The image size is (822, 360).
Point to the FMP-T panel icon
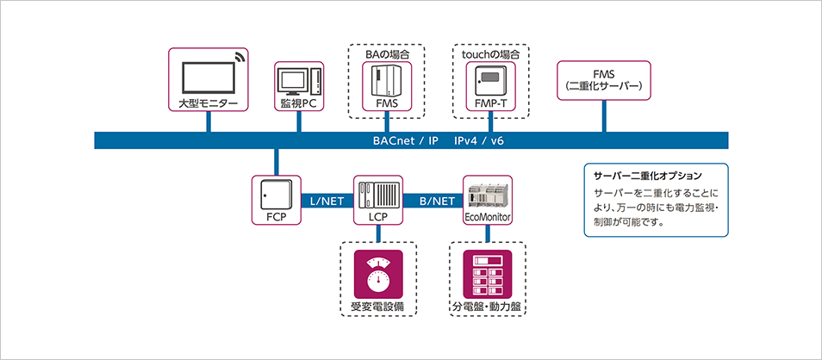point(489,82)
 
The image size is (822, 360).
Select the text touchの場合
point(489,53)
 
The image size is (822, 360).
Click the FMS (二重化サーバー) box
point(604,82)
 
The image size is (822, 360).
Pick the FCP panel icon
point(276,194)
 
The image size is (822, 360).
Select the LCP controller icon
point(378,193)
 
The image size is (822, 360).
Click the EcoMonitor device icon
point(488,191)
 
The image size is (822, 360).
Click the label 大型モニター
point(208,103)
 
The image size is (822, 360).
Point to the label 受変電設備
point(378,307)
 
